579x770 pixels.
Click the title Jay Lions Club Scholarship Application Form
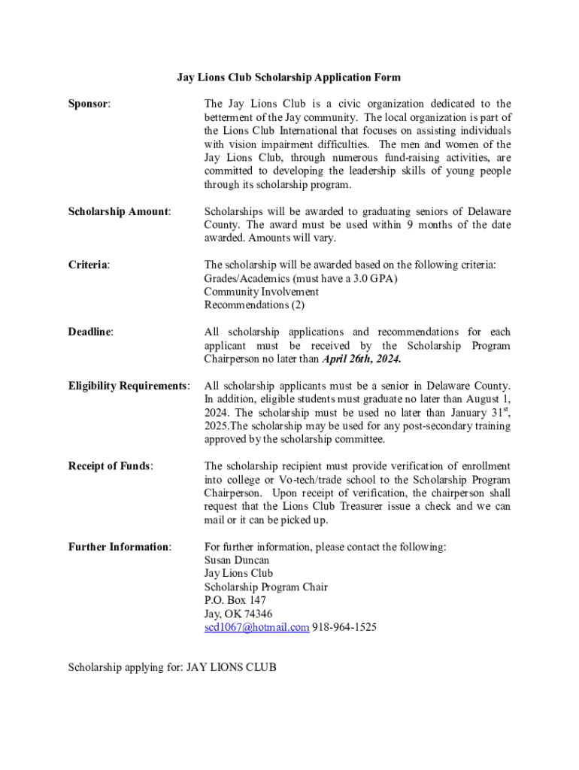(289, 77)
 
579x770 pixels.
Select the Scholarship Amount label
(120, 211)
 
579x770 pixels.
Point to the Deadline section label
(91, 332)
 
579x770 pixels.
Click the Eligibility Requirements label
(129, 386)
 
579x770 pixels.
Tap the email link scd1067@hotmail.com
(256, 627)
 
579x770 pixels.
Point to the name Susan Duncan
(237, 560)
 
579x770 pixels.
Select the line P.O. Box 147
(235, 600)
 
